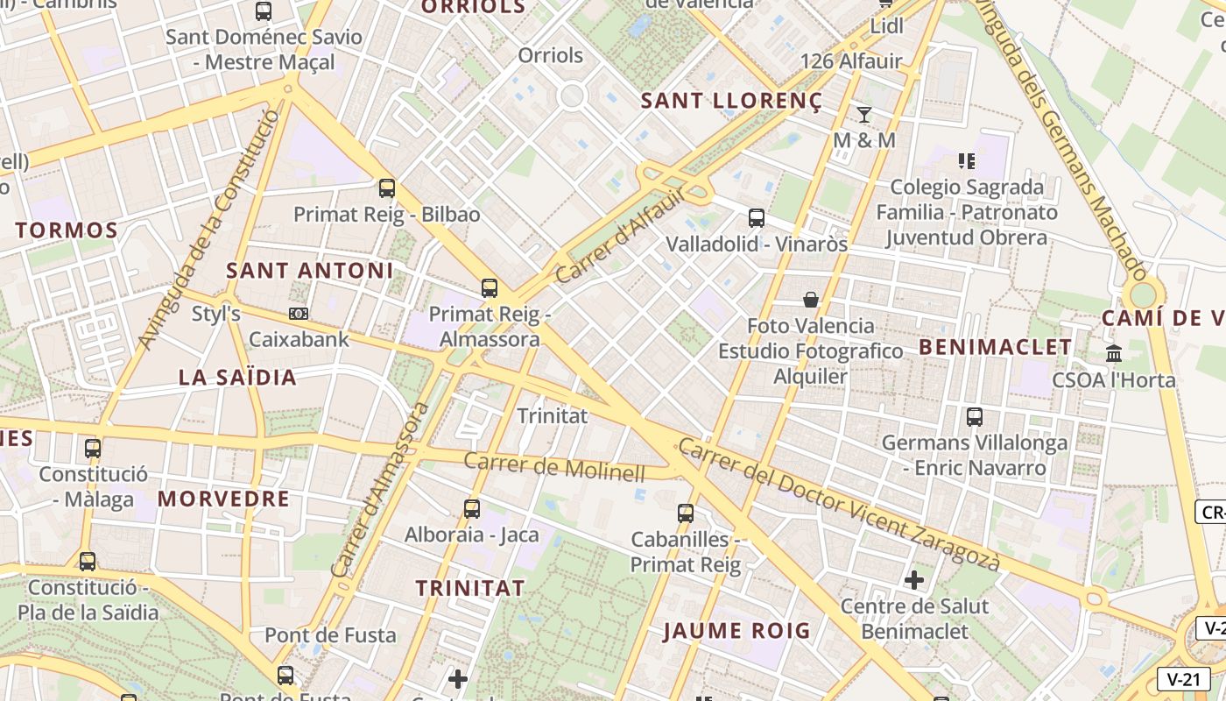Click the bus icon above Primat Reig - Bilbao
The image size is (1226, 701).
coord(386,188)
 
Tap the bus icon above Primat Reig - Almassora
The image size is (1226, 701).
coord(490,288)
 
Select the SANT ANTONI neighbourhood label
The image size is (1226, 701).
coord(310,271)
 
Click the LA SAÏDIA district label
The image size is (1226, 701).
coord(237,378)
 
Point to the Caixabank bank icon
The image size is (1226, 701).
coord(299,314)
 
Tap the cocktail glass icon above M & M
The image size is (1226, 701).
coord(864,114)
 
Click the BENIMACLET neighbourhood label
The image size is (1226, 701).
coord(995,347)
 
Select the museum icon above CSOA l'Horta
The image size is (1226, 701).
coord(1114,354)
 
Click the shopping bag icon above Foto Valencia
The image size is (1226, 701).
coord(811,300)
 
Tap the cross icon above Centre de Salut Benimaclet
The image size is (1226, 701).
coord(914,579)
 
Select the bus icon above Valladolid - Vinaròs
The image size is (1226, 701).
coord(757,218)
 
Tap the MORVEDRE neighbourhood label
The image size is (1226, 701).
coord(223,499)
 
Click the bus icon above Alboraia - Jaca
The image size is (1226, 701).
coord(472,509)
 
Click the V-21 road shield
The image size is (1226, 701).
coord(1183,679)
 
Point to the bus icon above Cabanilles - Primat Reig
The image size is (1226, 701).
coord(686,513)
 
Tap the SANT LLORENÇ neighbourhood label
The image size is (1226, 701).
coord(731,101)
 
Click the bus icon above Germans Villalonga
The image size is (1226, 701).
coord(975,417)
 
